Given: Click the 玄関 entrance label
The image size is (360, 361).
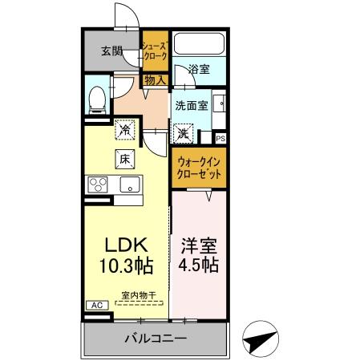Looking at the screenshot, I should point(111,52).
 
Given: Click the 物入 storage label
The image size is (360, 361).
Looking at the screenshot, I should point(156,79).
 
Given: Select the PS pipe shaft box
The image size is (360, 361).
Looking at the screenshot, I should point(220,138).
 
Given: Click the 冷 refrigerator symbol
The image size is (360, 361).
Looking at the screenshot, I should point(126,128).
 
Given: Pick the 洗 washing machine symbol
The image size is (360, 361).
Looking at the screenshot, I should point(183,131).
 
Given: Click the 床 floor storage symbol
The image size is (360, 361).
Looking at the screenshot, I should point(125,158).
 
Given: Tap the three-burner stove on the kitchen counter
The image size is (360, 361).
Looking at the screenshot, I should point(99,185).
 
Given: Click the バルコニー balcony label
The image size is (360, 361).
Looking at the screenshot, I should point(156,339).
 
